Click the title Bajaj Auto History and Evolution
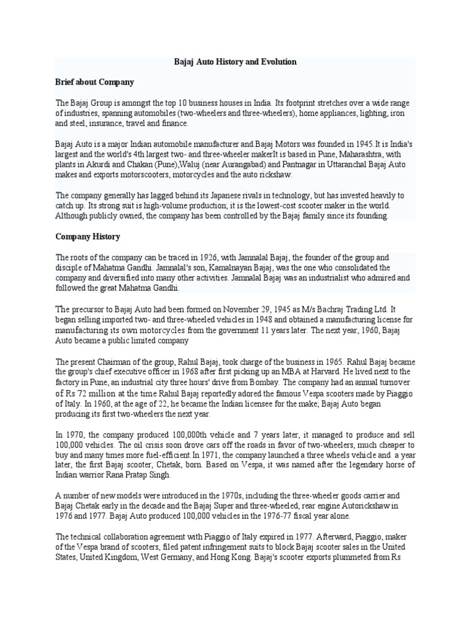235,62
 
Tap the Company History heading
88,236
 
